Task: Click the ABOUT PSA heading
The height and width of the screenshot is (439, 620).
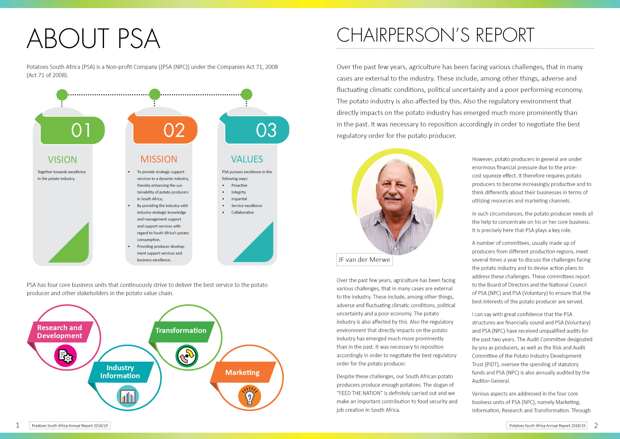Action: (93, 38)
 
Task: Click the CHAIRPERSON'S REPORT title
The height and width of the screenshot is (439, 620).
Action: (435, 35)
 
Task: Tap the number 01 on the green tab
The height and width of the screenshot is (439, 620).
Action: (80, 130)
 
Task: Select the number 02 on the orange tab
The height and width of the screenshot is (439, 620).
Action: (174, 130)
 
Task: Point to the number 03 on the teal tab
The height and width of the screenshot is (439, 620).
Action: (266, 130)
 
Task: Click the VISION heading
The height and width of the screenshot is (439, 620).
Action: (62, 159)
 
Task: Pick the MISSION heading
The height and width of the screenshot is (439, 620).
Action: (159, 159)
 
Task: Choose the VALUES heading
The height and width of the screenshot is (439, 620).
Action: (247, 159)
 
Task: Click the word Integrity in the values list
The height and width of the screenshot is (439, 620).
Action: (238, 192)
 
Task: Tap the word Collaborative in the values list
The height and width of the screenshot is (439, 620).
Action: (242, 212)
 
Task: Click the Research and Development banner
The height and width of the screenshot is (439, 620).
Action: (60, 332)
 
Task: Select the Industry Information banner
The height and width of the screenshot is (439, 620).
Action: (120, 372)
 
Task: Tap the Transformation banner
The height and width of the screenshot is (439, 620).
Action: (181, 331)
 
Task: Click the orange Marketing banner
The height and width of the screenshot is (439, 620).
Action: (242, 372)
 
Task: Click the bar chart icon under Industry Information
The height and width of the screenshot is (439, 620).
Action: (128, 396)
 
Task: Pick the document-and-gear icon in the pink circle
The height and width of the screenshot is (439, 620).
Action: (65, 356)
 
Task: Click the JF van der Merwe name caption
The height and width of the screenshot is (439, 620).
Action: (364, 260)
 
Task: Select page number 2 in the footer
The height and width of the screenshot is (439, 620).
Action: (596, 425)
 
